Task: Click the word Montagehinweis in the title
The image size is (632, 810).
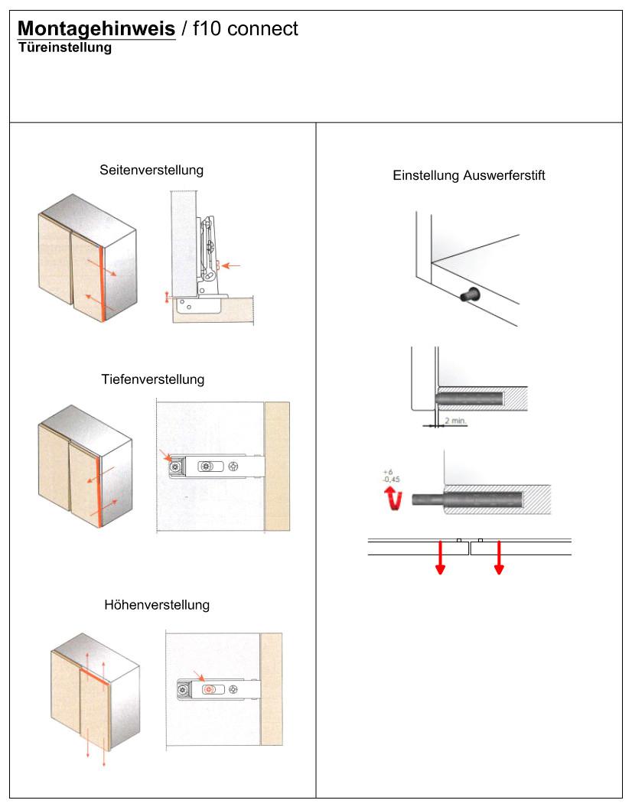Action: coord(96,29)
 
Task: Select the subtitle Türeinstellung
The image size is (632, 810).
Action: coord(65,48)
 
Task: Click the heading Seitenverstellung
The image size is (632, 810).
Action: coord(151,170)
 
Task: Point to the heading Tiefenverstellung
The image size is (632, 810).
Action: coord(152,379)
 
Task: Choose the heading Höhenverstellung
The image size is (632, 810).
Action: coord(156,605)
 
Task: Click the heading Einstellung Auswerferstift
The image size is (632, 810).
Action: coord(468,175)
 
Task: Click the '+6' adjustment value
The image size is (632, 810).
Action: coord(388,473)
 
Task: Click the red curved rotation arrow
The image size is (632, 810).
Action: coord(394,499)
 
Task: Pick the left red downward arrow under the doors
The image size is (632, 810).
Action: coord(440,557)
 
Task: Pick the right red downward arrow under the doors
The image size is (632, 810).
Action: coord(499,557)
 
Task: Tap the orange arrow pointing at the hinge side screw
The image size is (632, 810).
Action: coord(233,265)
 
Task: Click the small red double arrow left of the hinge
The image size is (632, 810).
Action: coord(167,297)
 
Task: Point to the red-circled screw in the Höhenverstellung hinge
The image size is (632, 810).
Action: coord(208,689)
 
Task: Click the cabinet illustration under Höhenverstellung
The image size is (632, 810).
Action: coord(96,696)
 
